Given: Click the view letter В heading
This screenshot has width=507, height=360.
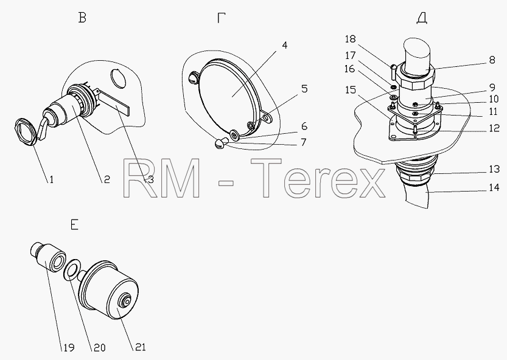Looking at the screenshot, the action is pyautogui.click(x=82, y=18).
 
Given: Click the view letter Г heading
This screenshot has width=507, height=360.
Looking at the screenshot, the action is pyautogui.click(x=221, y=18).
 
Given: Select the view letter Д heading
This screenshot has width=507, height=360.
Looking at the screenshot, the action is pyautogui.click(x=422, y=18).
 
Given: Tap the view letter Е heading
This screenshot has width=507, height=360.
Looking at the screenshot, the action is pyautogui.click(x=74, y=224).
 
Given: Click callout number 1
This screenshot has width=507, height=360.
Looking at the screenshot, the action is pyautogui.click(x=51, y=179).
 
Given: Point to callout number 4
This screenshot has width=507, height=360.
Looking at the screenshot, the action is pyautogui.click(x=284, y=45).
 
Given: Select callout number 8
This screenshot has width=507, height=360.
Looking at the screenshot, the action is pyautogui.click(x=492, y=60).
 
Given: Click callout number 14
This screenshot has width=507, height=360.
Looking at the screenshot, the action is pyautogui.click(x=494, y=187).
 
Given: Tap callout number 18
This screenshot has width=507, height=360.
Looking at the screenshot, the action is pyautogui.click(x=350, y=39).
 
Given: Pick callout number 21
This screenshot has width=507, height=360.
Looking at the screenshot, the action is pyautogui.click(x=139, y=347).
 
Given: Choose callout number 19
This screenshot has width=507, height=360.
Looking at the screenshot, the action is pyautogui.click(x=68, y=347).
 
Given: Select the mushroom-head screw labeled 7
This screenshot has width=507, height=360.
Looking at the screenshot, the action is pyautogui.click(x=222, y=143).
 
